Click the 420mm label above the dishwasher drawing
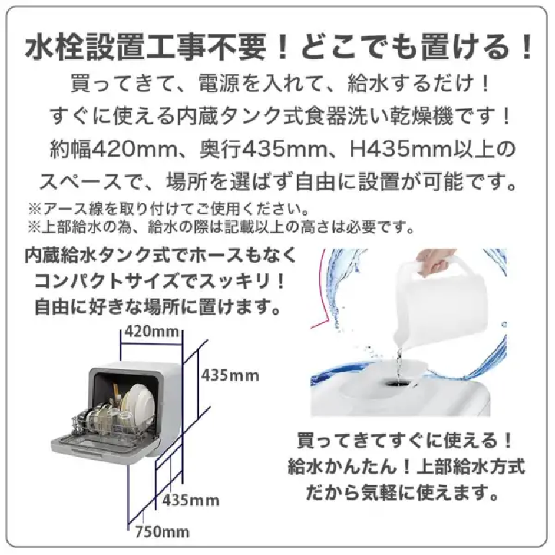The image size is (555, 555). pyautogui.click(x=152, y=332)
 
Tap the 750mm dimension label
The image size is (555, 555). pyautogui.click(x=162, y=532)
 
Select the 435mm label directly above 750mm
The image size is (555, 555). pyautogui.click(x=191, y=500)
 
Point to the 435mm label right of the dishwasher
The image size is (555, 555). pyautogui.click(x=230, y=376)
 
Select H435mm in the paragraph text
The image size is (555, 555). pyautogui.click(x=401, y=149)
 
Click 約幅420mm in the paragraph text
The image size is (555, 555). pyautogui.click(x=113, y=149)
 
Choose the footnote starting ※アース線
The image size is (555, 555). pyautogui.click(x=169, y=209)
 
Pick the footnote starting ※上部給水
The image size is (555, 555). pyautogui.click(x=221, y=227)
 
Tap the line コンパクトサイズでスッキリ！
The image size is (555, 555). pyautogui.click(x=159, y=281)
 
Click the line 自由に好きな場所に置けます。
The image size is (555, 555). pyautogui.click(x=159, y=307)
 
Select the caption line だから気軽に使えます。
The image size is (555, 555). pyautogui.click(x=402, y=492)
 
